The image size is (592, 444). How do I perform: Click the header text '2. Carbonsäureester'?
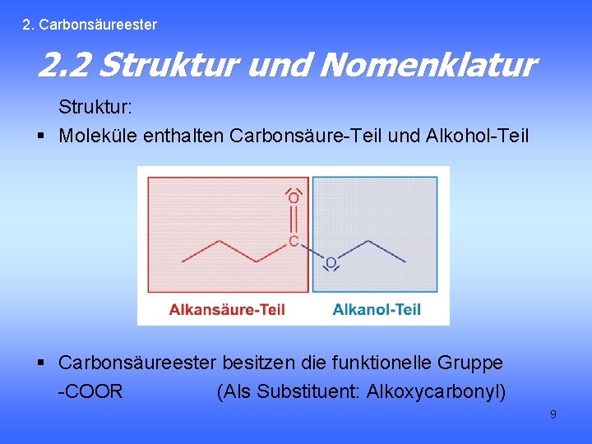click(x=90, y=25)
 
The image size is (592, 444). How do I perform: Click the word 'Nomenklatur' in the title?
click(x=428, y=65)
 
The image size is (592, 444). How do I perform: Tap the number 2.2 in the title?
click(x=66, y=65)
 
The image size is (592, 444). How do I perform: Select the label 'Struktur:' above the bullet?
click(x=95, y=108)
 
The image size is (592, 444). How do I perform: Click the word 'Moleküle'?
click(x=98, y=135)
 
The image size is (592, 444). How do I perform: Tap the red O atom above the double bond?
click(x=294, y=198)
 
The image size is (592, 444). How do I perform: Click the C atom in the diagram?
click(x=294, y=242)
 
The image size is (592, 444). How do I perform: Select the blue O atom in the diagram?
click(x=331, y=263)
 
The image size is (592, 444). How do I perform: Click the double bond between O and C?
click(x=294, y=220)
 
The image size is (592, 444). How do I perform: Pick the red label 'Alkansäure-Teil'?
click(x=227, y=309)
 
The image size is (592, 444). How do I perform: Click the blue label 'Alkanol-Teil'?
click(x=377, y=309)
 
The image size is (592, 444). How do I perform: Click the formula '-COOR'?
click(x=90, y=391)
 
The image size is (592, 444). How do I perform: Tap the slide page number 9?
click(x=553, y=414)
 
